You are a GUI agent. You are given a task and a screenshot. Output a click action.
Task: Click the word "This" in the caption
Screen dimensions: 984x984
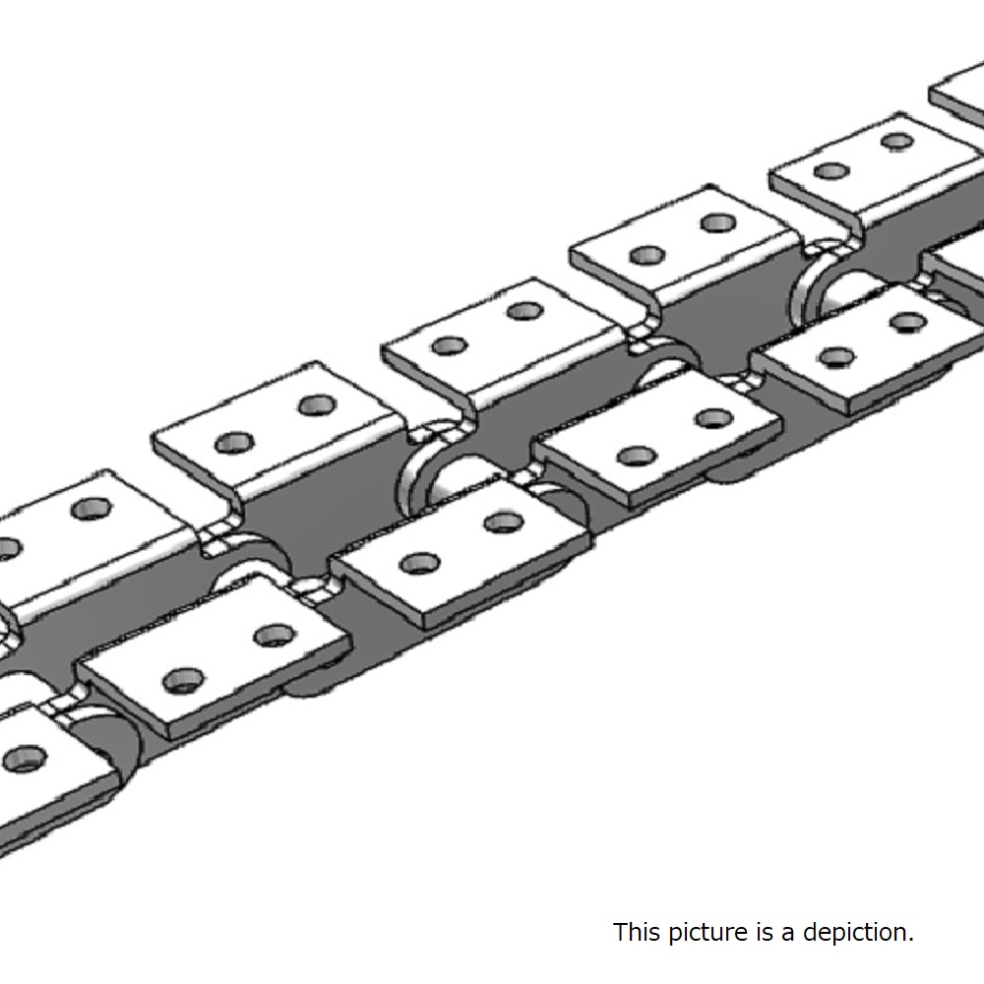(637, 932)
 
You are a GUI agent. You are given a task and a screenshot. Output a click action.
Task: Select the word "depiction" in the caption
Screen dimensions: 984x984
(858, 933)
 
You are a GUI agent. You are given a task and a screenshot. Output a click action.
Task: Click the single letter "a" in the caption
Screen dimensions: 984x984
(787, 935)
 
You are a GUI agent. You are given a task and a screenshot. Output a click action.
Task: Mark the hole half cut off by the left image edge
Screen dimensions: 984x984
(8, 548)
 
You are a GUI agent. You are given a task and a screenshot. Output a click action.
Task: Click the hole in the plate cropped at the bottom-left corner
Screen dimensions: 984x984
(25, 759)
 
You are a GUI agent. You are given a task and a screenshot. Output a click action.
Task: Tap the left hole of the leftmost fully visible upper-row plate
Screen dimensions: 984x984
(234, 443)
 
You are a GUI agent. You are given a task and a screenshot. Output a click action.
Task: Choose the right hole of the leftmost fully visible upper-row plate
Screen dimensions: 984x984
(318, 405)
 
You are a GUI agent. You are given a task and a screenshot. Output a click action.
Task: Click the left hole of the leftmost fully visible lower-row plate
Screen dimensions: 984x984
(183, 680)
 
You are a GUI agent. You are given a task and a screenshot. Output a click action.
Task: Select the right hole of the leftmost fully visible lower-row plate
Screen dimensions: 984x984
(275, 636)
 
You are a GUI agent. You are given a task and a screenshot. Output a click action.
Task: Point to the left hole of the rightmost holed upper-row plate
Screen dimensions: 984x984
(831, 170)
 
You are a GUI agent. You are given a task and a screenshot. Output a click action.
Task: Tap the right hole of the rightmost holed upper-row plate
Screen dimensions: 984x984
(897, 141)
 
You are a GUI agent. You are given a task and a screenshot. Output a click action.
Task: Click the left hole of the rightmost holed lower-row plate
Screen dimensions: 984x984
(836, 356)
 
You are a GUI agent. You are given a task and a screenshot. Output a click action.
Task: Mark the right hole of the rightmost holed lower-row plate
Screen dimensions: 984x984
(907, 323)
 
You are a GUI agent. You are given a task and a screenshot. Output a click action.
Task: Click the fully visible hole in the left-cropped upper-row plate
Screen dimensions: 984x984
(92, 509)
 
